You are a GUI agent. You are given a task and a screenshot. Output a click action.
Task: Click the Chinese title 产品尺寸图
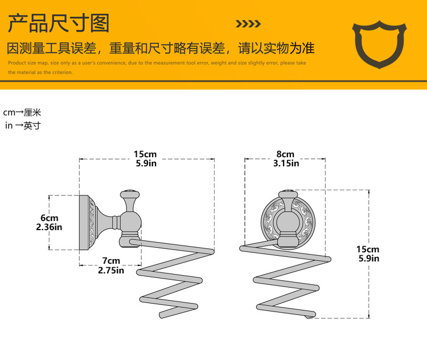pyautogui.click(x=59, y=23)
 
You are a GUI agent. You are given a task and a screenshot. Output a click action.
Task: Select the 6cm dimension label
pyautogui.click(x=49, y=218)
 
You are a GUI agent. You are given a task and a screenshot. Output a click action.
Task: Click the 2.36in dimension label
pyautogui.click(x=49, y=227)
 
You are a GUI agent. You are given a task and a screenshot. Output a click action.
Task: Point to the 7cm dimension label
pyautogui.click(x=110, y=261)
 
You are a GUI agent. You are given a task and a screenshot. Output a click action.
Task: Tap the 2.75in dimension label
pyautogui.click(x=110, y=270)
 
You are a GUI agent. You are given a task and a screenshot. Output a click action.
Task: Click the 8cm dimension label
pyautogui.click(x=285, y=154)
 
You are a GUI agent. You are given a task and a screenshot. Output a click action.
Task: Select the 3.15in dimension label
pyautogui.click(x=285, y=163)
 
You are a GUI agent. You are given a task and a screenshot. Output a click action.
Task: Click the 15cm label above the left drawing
pyautogui.click(x=145, y=154)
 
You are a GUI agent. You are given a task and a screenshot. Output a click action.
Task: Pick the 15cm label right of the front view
pyautogui.click(x=368, y=249)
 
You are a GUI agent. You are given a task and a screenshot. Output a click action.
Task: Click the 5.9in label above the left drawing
pyautogui.click(x=145, y=163)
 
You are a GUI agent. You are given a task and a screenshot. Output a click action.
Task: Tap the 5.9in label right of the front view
pyautogui.click(x=368, y=259)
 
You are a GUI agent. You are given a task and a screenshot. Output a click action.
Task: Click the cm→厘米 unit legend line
pyautogui.click(x=22, y=113)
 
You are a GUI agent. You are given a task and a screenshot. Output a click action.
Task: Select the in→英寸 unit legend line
pyautogui.click(x=23, y=125)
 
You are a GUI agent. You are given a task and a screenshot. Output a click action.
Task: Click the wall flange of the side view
pyautogui.click(x=84, y=222)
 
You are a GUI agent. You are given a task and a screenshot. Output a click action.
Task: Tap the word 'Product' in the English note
pyautogui.click(x=17, y=63)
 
